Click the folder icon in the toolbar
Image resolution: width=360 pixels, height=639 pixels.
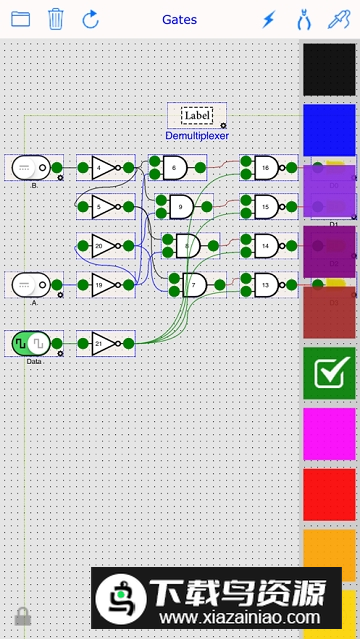pyautogui.click(x=20, y=19)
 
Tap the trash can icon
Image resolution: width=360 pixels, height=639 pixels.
pyautogui.click(x=56, y=19)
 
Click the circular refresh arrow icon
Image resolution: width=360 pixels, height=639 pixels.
pyautogui.click(x=91, y=19)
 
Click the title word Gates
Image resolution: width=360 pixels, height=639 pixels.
pyautogui.click(x=179, y=19)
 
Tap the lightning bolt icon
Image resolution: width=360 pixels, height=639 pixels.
pyautogui.click(x=268, y=19)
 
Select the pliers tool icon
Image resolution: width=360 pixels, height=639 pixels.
pyautogui.click(x=302, y=19)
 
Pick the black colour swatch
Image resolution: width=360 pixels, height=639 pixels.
pyautogui.click(x=330, y=70)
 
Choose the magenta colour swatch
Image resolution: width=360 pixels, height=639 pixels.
pyautogui.click(x=330, y=434)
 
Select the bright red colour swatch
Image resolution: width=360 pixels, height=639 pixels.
pyautogui.click(x=330, y=495)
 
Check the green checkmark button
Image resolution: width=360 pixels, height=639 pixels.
pyautogui.click(x=330, y=373)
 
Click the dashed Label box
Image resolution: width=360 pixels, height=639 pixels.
pyautogui.click(x=197, y=115)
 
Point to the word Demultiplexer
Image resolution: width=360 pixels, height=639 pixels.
pyautogui.click(x=197, y=135)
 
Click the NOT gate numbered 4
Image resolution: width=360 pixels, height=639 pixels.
pyautogui.click(x=105, y=167)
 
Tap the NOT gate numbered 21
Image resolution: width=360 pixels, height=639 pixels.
pyautogui.click(x=105, y=343)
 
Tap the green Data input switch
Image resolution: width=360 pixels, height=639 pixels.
pyautogui.click(x=33, y=343)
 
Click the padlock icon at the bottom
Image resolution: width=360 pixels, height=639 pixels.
pyautogui.click(x=22, y=616)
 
